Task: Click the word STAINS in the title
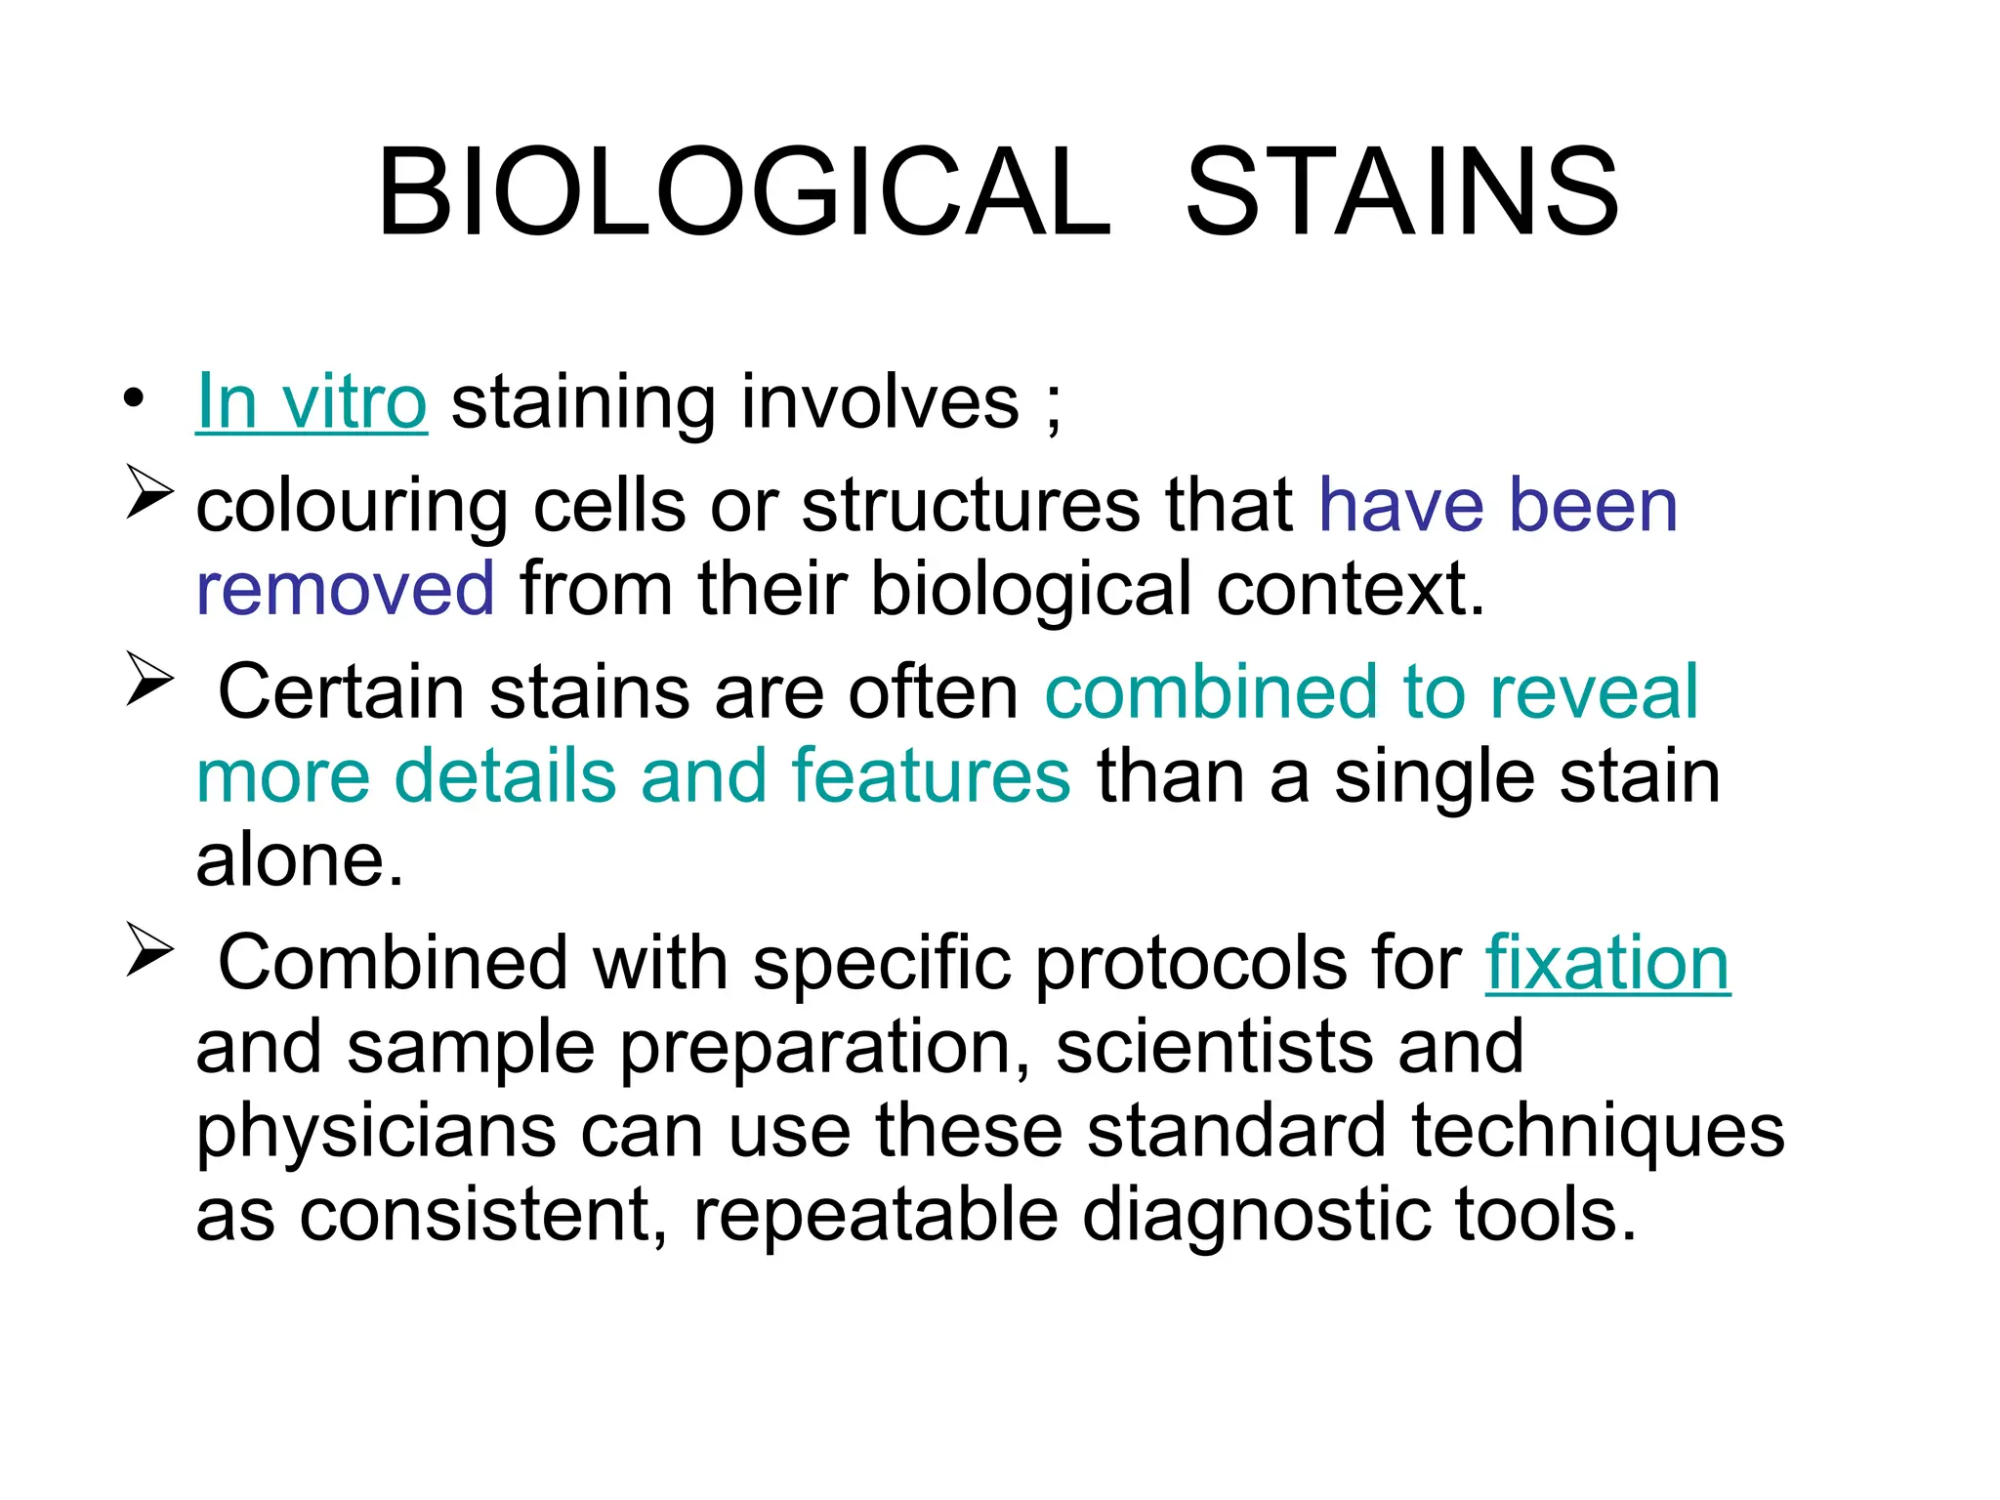[x=1402, y=192]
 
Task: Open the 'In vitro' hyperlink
[x=312, y=402]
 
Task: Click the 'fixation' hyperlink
[x=1607, y=963]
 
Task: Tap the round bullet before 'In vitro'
[x=134, y=398]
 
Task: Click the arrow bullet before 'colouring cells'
[x=149, y=491]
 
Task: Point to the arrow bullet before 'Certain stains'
[x=149, y=679]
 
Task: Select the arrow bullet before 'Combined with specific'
[x=149, y=950]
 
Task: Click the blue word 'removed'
[x=346, y=589]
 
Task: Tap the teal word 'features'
[x=931, y=776]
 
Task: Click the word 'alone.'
[x=300, y=860]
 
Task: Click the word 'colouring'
[x=352, y=508]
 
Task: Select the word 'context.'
[x=1351, y=589]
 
